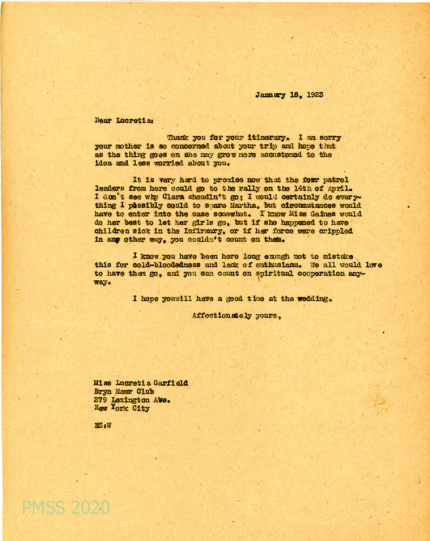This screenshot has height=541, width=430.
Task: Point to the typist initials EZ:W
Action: pos(102,426)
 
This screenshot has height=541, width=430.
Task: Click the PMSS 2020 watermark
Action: pos(66,507)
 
